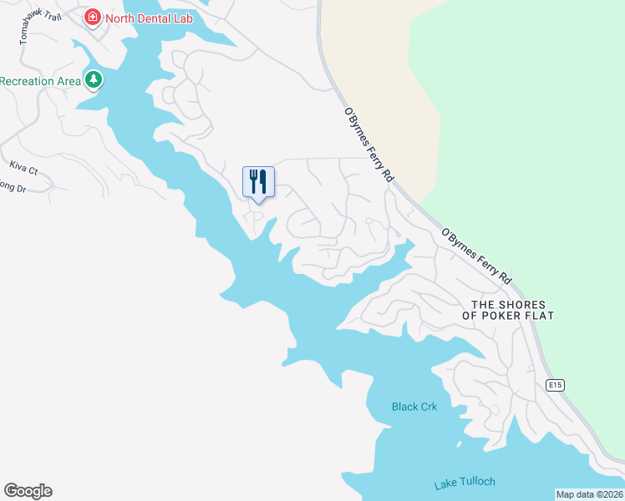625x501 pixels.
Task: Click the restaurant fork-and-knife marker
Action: tap(258, 182)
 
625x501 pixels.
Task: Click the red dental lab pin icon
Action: tap(92, 17)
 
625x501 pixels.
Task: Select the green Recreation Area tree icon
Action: tap(94, 80)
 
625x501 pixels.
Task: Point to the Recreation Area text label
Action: tap(40, 81)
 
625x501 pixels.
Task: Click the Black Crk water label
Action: tap(414, 407)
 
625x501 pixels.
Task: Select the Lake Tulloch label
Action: tap(465, 483)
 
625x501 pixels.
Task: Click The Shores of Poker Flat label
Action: tap(513, 310)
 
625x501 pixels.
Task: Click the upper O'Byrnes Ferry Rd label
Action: tap(368, 144)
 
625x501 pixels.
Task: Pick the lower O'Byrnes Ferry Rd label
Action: tap(475, 256)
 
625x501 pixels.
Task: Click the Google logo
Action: tap(28, 491)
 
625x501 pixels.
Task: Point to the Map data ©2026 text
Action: tap(589, 493)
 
